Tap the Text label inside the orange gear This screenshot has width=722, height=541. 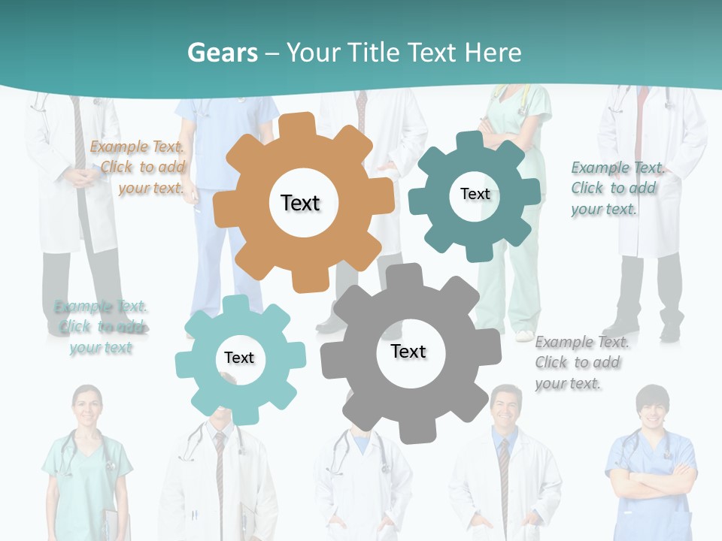[x=300, y=203]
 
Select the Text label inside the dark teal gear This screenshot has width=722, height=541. [x=475, y=194]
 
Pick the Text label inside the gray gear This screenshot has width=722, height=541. [x=408, y=351]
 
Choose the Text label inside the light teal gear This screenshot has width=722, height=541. [x=239, y=358]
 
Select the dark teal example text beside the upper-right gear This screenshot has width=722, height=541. [x=617, y=188]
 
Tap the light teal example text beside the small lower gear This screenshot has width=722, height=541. [x=101, y=327]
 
